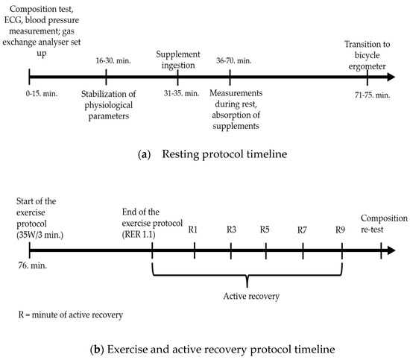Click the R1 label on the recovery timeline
[x=193, y=230]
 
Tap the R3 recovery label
[x=231, y=230]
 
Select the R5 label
[x=265, y=230]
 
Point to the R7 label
[x=302, y=230]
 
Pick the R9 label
[x=340, y=230]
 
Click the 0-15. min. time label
[x=42, y=93]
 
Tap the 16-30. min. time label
[x=113, y=60]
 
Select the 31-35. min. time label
[x=181, y=93]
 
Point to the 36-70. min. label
[x=234, y=60]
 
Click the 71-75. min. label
[x=372, y=95]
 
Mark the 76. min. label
[x=32, y=265]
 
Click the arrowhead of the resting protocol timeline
[x=391, y=77]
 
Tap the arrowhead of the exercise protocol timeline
[x=391, y=250]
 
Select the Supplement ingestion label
[x=178, y=60]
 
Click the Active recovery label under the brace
[x=251, y=297]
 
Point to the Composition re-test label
[x=384, y=224]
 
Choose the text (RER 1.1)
[x=139, y=235]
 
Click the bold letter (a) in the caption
[x=144, y=154]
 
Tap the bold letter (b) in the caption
[x=97, y=350]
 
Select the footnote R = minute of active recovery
[x=71, y=315]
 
